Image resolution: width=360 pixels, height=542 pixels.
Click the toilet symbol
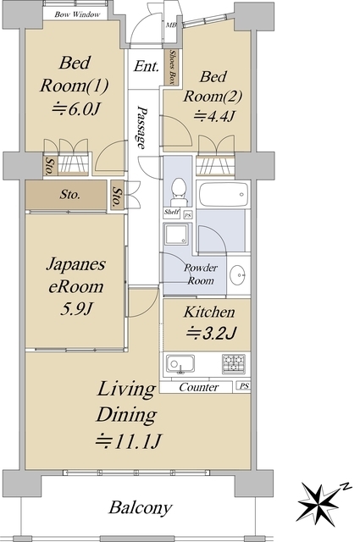[179, 192]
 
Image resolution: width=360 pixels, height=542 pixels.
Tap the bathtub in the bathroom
[224, 194]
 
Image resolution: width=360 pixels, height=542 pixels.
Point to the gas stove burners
[234, 363]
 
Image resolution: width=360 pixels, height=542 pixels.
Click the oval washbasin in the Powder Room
[238, 275]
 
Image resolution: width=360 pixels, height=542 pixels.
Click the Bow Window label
[77, 14]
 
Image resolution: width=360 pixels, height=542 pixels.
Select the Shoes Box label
[172, 67]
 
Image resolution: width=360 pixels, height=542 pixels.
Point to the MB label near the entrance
[171, 25]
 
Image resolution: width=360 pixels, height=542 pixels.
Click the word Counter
[199, 387]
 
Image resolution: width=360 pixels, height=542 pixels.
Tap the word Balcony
[141, 508]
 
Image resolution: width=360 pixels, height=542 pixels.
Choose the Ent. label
[147, 66]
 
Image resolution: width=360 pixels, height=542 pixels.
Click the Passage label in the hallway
[141, 127]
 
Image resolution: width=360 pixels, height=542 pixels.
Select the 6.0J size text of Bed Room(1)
[76, 110]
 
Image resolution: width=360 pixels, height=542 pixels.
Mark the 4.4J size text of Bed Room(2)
[214, 116]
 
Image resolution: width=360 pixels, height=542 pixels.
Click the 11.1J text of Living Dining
[128, 440]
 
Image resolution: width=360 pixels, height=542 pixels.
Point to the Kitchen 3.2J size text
[211, 334]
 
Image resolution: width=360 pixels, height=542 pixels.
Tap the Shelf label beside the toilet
[171, 212]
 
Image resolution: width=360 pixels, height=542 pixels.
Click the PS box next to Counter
[244, 386]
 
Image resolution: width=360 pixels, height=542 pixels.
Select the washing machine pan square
[177, 235]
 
